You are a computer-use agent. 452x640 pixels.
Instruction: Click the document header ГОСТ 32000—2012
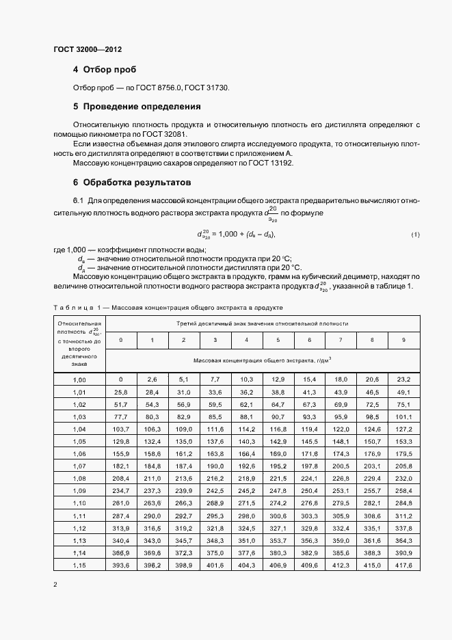click(87, 50)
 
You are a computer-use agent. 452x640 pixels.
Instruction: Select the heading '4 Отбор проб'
click(105, 70)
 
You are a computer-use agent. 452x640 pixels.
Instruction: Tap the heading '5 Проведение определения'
click(137, 107)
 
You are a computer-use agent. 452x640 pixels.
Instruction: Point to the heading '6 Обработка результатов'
click(132, 183)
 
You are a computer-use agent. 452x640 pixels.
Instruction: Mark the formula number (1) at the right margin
click(415, 235)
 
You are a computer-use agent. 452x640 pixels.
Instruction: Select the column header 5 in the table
click(277, 340)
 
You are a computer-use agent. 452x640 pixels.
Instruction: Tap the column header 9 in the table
click(403, 340)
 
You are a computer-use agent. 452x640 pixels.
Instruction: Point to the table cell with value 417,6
click(403, 565)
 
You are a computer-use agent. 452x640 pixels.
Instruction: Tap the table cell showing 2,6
click(152, 379)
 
